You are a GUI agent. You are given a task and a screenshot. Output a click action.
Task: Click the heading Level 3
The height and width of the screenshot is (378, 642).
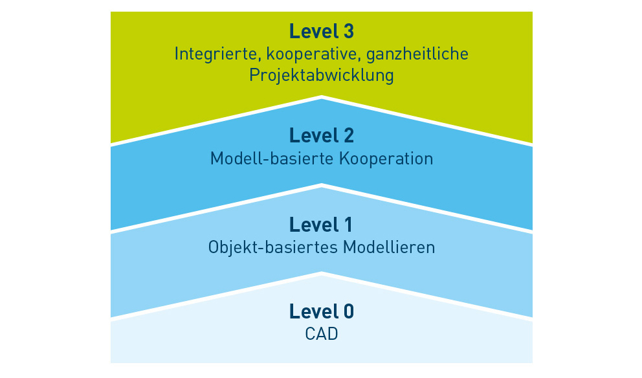(321, 31)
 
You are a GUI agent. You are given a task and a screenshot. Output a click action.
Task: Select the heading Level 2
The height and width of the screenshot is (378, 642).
(321, 136)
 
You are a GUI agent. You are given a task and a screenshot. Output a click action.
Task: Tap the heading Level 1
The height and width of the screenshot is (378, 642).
(321, 225)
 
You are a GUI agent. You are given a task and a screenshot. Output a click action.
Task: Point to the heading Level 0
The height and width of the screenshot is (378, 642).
(321, 312)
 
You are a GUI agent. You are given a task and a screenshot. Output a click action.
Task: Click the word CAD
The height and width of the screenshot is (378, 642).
(321, 335)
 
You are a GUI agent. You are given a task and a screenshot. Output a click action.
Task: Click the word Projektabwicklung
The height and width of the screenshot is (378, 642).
(321, 76)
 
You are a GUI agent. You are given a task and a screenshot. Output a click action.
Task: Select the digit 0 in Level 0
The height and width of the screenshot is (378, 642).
(348, 312)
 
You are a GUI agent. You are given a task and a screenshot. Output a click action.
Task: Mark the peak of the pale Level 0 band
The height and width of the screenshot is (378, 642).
(322, 276)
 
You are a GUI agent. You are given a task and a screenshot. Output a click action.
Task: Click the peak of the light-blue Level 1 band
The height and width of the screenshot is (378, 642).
(322, 188)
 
